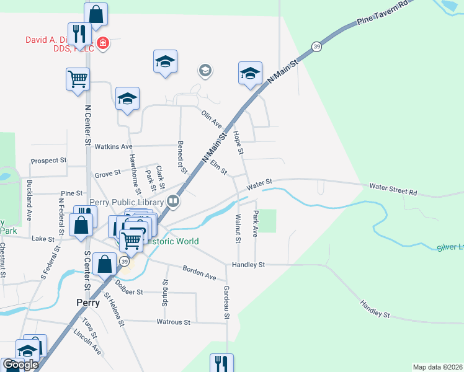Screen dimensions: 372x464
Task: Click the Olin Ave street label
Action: pyautogui.click(x=212, y=119)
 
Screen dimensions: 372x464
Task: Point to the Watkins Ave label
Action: pyautogui.click(x=114, y=146)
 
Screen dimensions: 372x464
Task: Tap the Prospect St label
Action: pyautogui.click(x=48, y=160)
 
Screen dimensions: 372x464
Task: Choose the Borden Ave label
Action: pyautogui.click(x=199, y=272)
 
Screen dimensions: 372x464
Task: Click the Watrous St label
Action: pyautogui.click(x=173, y=322)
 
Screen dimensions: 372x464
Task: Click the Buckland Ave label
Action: pyautogui.click(x=29, y=201)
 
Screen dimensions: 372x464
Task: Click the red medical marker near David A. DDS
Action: pyautogui.click(x=102, y=45)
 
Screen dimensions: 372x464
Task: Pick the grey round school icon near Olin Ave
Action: pyautogui.click(x=205, y=71)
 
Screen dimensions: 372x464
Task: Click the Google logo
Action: pyautogui.click(x=20, y=365)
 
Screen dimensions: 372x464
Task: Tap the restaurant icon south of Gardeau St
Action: pyautogui.click(x=221, y=363)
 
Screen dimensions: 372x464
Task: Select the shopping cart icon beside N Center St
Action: pyautogui.click(x=78, y=79)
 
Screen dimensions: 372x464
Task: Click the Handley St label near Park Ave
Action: pyautogui.click(x=248, y=265)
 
